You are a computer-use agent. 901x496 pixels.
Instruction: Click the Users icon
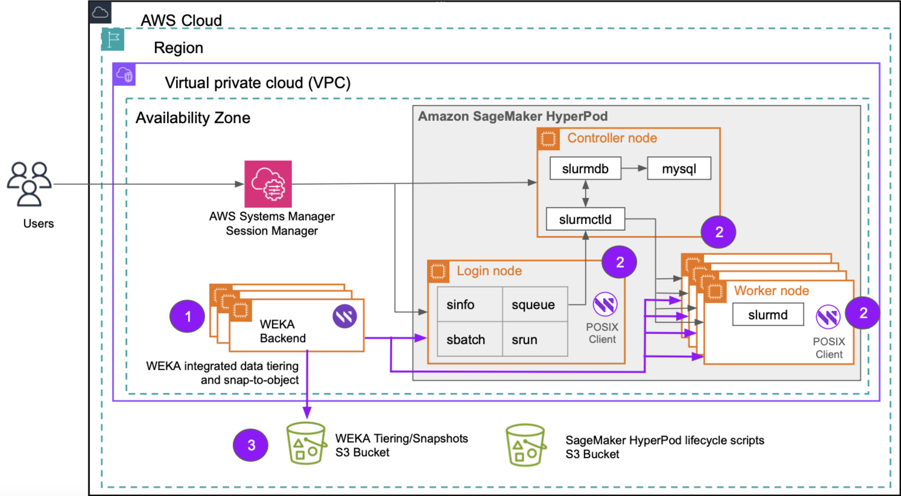(29, 184)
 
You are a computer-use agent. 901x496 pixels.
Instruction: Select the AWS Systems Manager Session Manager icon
(268, 184)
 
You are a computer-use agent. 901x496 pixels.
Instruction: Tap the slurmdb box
(585, 169)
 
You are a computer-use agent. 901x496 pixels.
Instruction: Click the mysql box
(679, 169)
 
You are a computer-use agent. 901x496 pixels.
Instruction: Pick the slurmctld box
(585, 219)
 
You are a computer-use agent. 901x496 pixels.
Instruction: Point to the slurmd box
(768, 315)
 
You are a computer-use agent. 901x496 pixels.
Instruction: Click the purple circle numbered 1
(187, 316)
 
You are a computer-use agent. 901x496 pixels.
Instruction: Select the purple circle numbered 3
(251, 445)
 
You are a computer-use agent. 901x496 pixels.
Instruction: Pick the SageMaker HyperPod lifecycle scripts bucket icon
(525, 445)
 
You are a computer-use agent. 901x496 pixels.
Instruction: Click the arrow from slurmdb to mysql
(634, 169)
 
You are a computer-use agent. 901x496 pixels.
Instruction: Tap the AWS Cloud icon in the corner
(100, 12)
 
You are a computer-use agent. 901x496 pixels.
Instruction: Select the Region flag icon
(113, 39)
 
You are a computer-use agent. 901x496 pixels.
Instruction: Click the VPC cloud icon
(124, 75)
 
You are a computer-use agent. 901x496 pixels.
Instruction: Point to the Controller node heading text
(612, 138)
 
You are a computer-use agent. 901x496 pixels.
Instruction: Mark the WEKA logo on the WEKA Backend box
(345, 316)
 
